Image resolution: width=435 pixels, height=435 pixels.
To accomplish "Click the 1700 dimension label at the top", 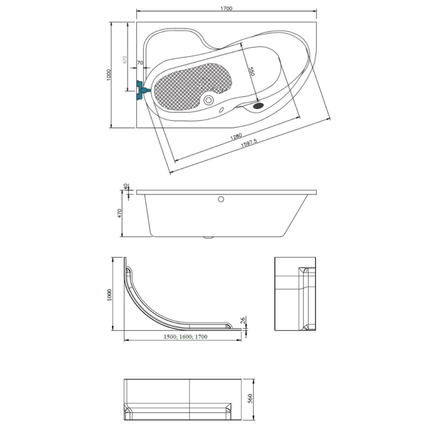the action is (226, 8).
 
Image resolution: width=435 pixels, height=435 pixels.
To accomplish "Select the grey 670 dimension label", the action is (124, 60).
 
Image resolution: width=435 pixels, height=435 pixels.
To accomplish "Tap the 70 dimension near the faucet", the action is (140, 63).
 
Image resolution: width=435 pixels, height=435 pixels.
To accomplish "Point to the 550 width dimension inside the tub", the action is (251, 71).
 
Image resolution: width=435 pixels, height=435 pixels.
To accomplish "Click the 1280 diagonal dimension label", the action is (236, 136).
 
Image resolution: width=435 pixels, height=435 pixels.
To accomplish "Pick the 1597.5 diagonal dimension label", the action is (249, 143).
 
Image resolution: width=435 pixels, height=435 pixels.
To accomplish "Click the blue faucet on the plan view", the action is (142, 90).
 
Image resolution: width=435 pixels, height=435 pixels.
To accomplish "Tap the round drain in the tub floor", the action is (208, 100).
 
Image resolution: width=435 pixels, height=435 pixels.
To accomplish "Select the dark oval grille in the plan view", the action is (258, 105).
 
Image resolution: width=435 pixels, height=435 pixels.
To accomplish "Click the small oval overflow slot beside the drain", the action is (221, 110).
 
